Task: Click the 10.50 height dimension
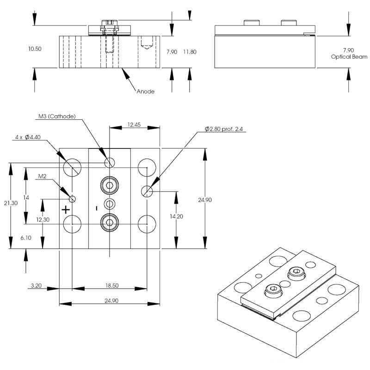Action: coord(35,49)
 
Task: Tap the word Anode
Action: coord(145,92)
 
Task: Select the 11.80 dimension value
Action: coord(190,52)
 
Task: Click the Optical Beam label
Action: coord(349,57)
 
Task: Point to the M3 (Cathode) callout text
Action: coord(57,116)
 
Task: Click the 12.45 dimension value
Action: coord(134,125)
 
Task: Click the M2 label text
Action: coord(42,176)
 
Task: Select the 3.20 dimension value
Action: coord(36,286)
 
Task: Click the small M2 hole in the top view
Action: coord(72,199)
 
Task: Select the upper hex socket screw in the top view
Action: coord(110,186)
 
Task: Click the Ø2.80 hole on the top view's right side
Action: coord(147,191)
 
